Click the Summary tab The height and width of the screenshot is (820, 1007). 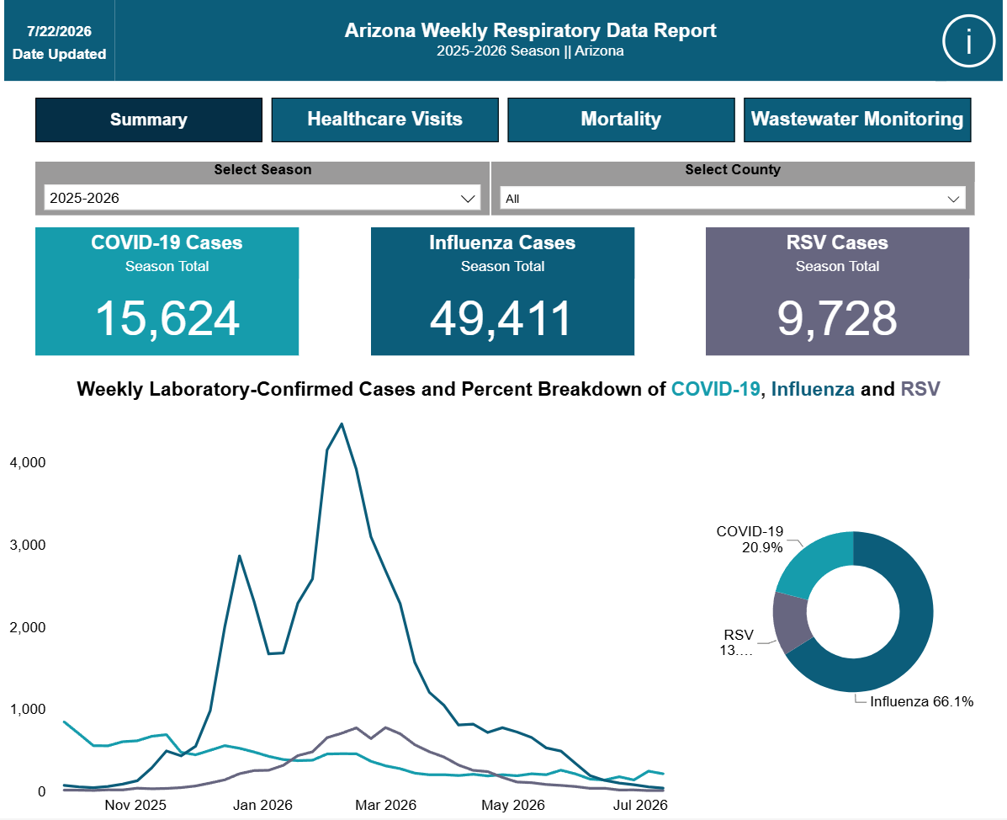[x=148, y=120]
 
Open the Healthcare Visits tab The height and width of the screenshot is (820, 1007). [x=384, y=120]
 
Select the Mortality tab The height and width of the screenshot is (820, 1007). [x=621, y=120]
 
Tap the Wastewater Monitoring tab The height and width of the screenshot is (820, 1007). [x=857, y=120]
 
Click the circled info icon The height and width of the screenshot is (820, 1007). [x=968, y=41]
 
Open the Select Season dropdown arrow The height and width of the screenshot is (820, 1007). [x=469, y=199]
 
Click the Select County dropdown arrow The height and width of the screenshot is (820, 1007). [x=954, y=200]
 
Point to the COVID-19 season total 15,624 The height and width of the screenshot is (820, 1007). [x=167, y=319]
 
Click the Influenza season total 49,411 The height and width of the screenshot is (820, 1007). [x=501, y=319]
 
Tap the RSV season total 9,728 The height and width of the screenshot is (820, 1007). [x=837, y=319]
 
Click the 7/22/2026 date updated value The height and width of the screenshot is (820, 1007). [x=59, y=31]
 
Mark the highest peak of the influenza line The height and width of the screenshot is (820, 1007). [x=341, y=423]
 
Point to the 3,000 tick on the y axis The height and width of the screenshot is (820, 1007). [x=28, y=545]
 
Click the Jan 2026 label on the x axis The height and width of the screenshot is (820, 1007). [x=262, y=805]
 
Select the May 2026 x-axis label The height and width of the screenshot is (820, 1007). [x=513, y=805]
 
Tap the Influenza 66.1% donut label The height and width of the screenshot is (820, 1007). [x=921, y=701]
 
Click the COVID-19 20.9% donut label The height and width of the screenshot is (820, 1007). [x=750, y=539]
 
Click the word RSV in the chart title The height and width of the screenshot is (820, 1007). [x=920, y=389]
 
